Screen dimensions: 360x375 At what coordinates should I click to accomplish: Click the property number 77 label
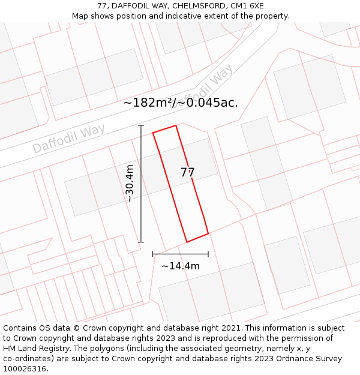tap(187, 172)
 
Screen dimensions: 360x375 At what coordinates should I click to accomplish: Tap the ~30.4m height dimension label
tap(130, 184)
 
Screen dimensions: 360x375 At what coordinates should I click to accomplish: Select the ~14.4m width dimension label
tap(180, 266)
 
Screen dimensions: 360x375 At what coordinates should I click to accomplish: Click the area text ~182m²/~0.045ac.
tap(180, 103)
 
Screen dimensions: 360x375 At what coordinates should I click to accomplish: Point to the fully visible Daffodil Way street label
tap(68, 139)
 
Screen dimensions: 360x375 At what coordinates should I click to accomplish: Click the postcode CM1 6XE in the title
tap(249, 6)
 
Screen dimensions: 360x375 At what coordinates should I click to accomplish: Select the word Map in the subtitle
tap(80, 16)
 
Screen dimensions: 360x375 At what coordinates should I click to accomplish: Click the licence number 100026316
tap(27, 369)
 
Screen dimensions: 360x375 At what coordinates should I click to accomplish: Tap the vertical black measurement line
tap(141, 198)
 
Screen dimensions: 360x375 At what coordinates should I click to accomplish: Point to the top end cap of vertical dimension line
tap(141, 125)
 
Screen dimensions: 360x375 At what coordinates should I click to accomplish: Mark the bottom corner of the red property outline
tap(187, 242)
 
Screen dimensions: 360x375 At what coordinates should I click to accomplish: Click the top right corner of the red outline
tap(176, 126)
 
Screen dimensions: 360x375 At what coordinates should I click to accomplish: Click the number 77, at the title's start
tap(101, 6)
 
